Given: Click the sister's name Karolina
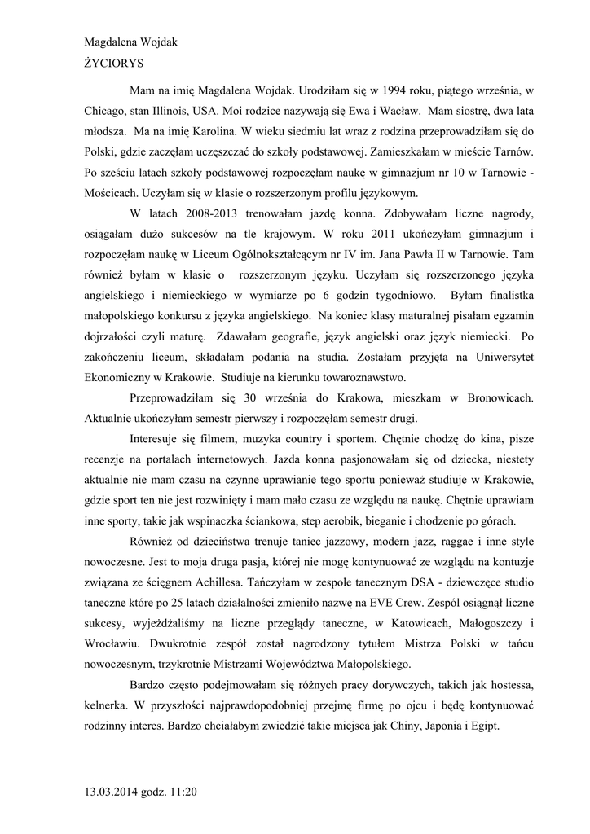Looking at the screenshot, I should [x=205, y=129].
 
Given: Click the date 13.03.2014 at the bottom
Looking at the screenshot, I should [x=116, y=791].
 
